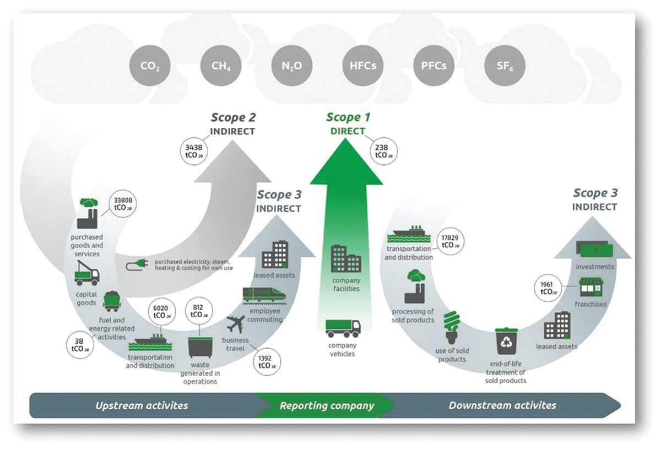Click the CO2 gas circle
[x=150, y=67]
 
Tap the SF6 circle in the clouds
[x=504, y=67]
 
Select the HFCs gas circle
[x=362, y=67]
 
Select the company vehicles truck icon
[x=343, y=328]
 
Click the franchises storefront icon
[x=590, y=287]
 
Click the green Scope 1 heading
[x=348, y=117]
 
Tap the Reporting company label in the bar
[x=327, y=406]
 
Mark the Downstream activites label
[x=502, y=405]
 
